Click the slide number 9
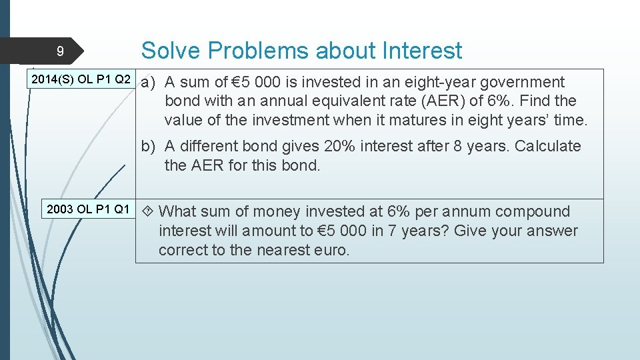pyautogui.click(x=60, y=51)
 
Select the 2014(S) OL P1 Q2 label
pyautogui.click(x=81, y=80)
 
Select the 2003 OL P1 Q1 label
pyautogui.click(x=88, y=209)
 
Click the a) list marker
pyautogui.click(x=148, y=83)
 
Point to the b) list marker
pyautogui.click(x=148, y=147)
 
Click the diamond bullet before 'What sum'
pyautogui.click(x=148, y=212)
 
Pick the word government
pyautogui.click(x=522, y=82)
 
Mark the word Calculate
pyautogui.click(x=547, y=146)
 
